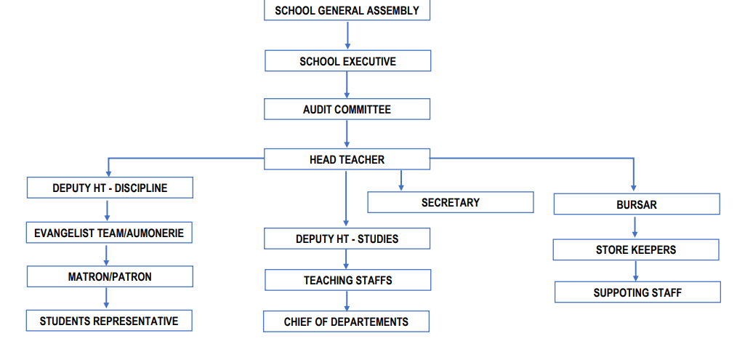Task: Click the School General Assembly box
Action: pos(347,10)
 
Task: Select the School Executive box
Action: pos(347,61)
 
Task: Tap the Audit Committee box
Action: pos(347,109)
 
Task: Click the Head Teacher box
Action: pos(347,159)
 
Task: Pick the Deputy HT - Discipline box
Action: pos(110,188)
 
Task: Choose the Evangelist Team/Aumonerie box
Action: pos(110,233)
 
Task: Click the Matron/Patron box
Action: pos(110,276)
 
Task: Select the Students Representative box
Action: pos(109,321)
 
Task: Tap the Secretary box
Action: pos(451,202)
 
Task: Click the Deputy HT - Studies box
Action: pos(347,239)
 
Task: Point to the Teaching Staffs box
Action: pos(347,280)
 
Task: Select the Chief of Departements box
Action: pos(346,321)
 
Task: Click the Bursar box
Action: pos(637,204)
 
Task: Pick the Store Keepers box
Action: pos(636,249)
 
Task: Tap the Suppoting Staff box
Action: pos(637,292)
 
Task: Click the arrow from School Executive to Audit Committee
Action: pos(347,85)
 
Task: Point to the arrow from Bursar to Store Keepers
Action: pos(635,227)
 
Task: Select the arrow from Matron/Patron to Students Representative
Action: pos(106,298)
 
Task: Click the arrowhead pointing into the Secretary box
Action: pos(401,187)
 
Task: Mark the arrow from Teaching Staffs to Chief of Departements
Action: pos(346,301)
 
